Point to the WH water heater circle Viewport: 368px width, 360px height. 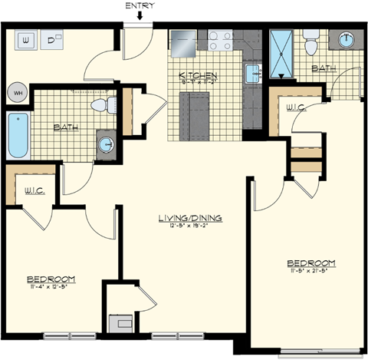(17, 94)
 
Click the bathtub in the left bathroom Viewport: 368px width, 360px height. (17, 135)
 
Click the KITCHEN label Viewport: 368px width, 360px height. (198, 76)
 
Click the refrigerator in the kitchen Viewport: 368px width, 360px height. (184, 43)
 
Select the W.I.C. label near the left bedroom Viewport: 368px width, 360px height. (32, 189)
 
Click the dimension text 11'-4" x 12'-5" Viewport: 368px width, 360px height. (51, 287)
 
